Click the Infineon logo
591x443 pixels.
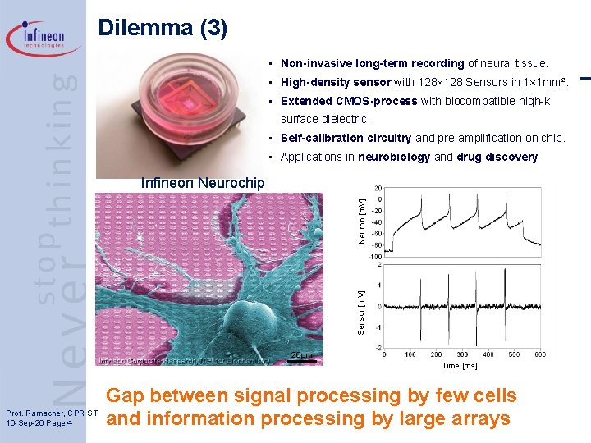coord(44,38)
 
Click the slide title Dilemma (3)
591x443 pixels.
coord(163,28)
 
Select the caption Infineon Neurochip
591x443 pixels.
coord(203,183)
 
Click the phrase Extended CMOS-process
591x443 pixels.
coord(348,101)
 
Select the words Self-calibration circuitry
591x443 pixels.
coord(346,138)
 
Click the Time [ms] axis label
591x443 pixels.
coord(460,366)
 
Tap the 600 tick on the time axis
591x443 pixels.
coord(539,354)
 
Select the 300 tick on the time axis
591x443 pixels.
coord(461,354)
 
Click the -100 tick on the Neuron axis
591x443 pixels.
coord(375,257)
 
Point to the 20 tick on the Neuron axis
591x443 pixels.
coord(378,187)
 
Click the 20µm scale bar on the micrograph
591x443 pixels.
coord(302,357)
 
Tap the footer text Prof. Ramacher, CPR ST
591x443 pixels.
coord(52,412)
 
